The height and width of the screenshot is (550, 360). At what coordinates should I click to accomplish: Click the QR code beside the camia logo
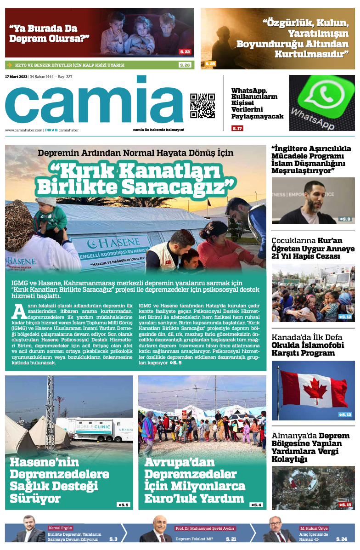point(202,106)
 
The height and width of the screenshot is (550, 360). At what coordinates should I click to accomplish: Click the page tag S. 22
point(185,52)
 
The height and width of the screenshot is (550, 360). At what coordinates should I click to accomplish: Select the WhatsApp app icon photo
point(322,102)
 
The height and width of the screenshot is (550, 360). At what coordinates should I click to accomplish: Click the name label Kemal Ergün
point(61,528)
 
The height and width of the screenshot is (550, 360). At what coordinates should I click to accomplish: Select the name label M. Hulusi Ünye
point(314,528)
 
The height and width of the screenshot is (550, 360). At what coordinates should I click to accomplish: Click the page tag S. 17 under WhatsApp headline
point(237,128)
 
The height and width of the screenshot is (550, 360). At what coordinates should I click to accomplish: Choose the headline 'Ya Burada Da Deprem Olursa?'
point(49,33)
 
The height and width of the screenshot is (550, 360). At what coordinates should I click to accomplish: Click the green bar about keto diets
point(99,65)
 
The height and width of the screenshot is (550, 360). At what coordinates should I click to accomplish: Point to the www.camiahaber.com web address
point(23,130)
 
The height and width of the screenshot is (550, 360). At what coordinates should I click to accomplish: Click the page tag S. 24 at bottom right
point(341,539)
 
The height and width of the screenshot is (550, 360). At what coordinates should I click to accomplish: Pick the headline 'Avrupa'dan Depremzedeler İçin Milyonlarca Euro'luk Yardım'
point(195,480)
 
